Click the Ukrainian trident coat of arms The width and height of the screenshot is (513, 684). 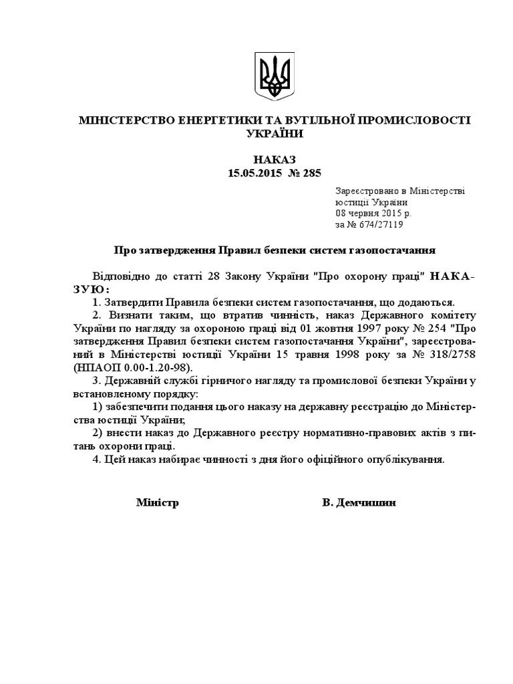pos(275,77)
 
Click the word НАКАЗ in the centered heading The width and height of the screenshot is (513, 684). pos(274,159)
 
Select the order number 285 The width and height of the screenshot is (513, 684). pos(311,173)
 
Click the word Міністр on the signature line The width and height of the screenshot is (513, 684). pos(158,502)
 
